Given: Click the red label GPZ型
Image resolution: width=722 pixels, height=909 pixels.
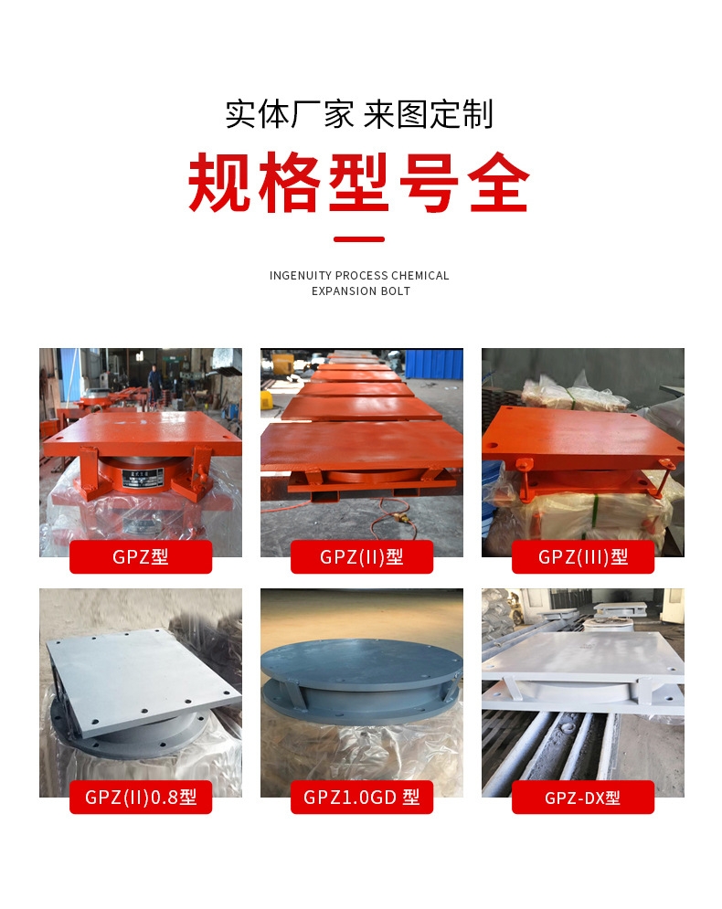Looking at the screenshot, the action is point(141,556).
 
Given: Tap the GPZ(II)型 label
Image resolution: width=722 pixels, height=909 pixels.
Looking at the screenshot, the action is point(361,556).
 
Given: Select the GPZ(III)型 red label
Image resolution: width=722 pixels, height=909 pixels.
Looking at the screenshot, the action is point(583,556).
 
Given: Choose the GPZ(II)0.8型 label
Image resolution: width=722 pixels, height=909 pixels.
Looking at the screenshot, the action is point(141,798).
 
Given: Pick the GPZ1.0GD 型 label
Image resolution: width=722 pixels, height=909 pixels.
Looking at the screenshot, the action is point(361,798).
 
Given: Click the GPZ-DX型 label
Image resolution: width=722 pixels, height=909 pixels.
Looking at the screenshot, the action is point(583,798).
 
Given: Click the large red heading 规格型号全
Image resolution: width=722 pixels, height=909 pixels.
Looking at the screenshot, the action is point(359,183).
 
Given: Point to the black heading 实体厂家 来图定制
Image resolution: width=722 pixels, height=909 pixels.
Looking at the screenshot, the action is point(359,113).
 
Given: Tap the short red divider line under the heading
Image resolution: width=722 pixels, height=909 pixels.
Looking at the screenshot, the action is point(359,238).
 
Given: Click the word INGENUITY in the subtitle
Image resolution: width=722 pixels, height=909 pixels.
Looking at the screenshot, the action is point(301,275).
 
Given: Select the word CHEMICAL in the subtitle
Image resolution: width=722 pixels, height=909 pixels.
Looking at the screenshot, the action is point(419,275).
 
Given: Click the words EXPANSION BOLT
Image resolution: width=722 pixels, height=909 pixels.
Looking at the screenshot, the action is point(361,291).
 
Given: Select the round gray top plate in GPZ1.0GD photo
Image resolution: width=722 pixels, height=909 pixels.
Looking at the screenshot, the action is point(361,661).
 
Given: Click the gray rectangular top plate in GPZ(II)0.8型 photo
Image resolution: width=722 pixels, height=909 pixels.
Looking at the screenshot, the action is point(143,682).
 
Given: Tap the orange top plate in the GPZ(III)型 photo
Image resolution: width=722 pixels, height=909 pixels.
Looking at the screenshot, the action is point(581,435).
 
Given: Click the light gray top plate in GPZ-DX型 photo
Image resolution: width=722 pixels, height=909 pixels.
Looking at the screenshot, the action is point(581,655).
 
